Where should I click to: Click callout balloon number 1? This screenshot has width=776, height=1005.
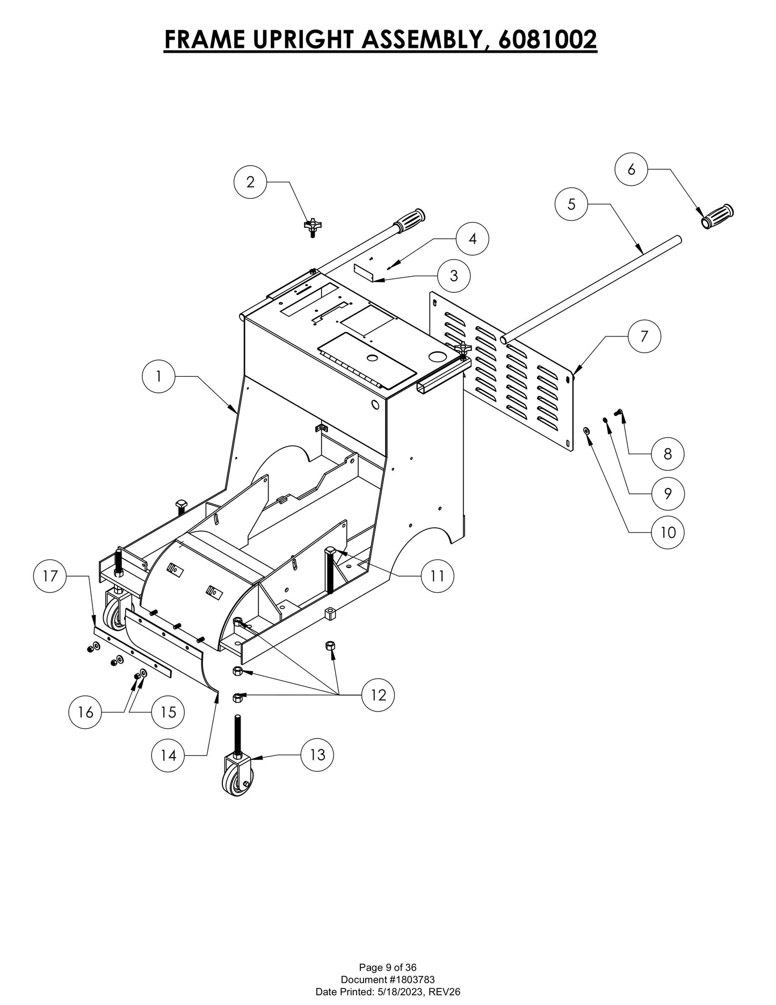158,377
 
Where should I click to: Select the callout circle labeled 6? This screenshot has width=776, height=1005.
631,169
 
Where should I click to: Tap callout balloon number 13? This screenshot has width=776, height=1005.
317,755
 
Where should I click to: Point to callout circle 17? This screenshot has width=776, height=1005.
50,576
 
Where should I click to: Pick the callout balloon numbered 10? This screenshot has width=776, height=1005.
668,532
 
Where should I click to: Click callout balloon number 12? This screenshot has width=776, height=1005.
379,695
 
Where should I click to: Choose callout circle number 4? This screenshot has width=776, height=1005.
473,239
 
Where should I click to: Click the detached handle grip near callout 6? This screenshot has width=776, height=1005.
717,217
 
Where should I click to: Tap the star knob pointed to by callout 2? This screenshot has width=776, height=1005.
311,226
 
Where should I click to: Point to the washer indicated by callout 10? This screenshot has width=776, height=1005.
586,430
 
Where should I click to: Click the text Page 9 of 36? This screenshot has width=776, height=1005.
388,968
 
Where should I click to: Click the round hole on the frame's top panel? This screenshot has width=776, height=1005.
438,357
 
